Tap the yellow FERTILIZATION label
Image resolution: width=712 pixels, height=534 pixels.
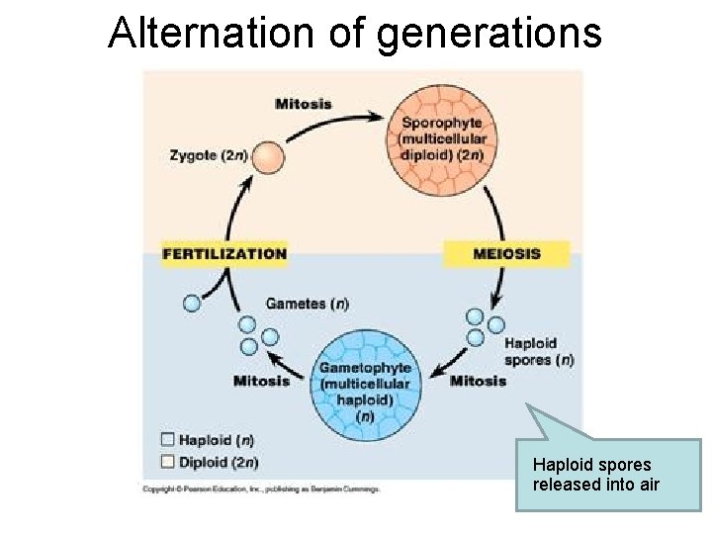point(224,254)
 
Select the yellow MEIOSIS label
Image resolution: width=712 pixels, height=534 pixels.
point(506,254)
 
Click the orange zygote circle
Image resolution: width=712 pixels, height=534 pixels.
point(266,156)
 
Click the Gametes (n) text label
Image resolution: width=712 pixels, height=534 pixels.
point(307,304)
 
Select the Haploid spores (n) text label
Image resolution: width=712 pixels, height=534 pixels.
point(538,352)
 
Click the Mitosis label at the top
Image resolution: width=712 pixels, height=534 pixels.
point(304,104)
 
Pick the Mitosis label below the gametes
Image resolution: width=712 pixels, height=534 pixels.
point(261,381)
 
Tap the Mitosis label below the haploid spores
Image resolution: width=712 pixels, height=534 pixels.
point(478,381)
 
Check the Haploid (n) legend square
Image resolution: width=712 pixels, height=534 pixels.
point(167,440)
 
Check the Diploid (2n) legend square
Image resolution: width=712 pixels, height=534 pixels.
point(167,461)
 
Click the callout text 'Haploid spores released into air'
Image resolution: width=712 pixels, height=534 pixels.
point(595,475)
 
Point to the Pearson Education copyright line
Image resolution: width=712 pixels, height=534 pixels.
point(261,489)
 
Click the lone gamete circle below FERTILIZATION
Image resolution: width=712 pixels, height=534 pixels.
point(192,304)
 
